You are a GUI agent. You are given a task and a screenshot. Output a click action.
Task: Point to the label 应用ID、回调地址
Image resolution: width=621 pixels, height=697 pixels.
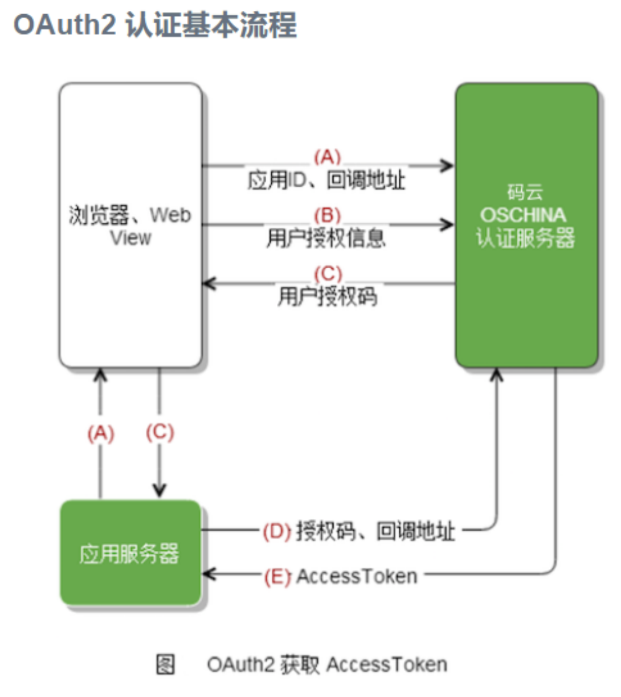[x=326, y=181]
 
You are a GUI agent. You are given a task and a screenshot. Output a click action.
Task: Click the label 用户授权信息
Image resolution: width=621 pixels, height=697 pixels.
[x=326, y=238]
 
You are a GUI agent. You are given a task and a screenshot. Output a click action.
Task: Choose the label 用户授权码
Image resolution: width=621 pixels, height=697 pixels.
[x=328, y=296]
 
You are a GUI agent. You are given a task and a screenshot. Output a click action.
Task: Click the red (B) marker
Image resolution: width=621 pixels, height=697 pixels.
[x=328, y=215]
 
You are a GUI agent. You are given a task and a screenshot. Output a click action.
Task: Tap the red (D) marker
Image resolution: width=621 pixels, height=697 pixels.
[x=277, y=531]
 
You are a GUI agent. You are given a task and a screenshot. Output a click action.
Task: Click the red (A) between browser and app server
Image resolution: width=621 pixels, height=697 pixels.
[x=101, y=434]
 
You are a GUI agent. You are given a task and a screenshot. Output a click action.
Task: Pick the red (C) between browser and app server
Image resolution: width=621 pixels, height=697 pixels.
[x=160, y=432]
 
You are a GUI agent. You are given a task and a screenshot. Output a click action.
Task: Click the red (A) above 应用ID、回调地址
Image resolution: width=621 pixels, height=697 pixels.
[x=328, y=157]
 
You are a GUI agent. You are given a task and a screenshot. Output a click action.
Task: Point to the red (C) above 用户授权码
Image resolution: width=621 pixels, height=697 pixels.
[x=328, y=274]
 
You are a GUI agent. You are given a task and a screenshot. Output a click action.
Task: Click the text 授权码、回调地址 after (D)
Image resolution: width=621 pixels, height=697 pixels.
[x=375, y=531]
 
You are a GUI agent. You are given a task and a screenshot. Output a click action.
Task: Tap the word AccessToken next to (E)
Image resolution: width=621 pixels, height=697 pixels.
[x=357, y=576]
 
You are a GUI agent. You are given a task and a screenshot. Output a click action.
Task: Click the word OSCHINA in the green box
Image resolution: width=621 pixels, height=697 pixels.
[x=523, y=215]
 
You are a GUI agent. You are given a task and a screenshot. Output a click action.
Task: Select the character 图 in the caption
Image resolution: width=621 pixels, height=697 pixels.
[x=165, y=665]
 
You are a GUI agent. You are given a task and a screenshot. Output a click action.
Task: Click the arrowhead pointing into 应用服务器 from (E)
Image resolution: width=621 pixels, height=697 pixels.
[x=208, y=573]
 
